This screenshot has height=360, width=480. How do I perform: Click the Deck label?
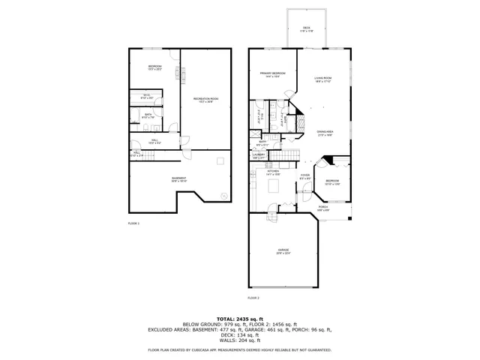(x=306, y=29)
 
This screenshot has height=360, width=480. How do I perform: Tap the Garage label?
(x=283, y=250)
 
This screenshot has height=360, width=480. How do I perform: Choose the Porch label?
(x=323, y=207)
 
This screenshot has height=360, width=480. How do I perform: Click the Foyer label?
(x=305, y=177)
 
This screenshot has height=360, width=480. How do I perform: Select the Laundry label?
(x=259, y=155)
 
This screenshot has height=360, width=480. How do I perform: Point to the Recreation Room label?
(x=205, y=99)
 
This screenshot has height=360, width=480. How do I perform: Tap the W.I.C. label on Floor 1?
(x=147, y=95)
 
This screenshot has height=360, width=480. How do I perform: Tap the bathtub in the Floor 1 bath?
(x=135, y=115)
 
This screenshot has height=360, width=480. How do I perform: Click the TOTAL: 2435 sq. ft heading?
(x=240, y=319)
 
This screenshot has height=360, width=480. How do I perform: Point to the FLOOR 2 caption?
(x=253, y=298)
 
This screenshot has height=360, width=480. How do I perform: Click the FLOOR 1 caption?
(x=133, y=223)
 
